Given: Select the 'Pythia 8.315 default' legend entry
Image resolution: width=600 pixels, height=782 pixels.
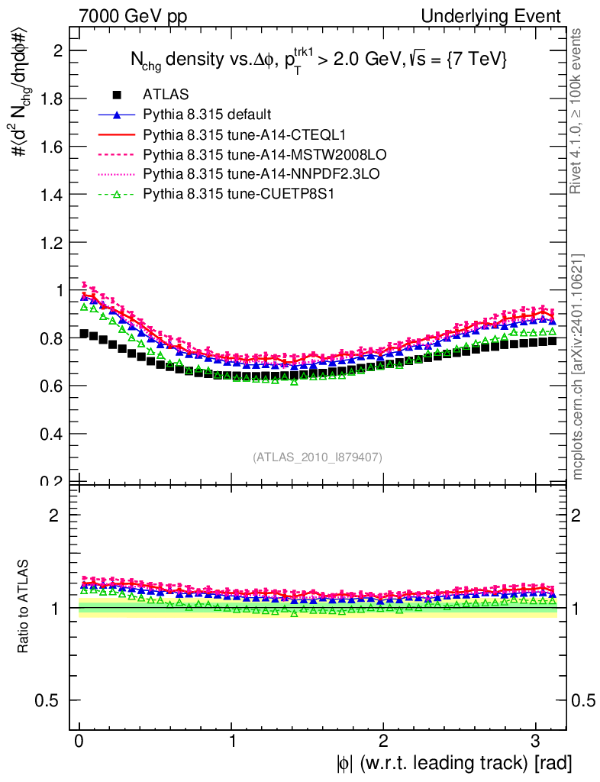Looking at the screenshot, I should coord(207,115).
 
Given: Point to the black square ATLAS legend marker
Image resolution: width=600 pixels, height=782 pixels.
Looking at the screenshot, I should coord(117,95).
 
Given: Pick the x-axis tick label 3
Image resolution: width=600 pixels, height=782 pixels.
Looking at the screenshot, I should coord(535,741).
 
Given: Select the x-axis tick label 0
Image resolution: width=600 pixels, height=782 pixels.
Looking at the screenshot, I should coord(79,741).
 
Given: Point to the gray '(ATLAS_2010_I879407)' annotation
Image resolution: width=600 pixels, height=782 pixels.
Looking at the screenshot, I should coord(318,457).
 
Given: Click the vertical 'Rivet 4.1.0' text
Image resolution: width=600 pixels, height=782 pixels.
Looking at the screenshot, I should coord(578,111).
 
